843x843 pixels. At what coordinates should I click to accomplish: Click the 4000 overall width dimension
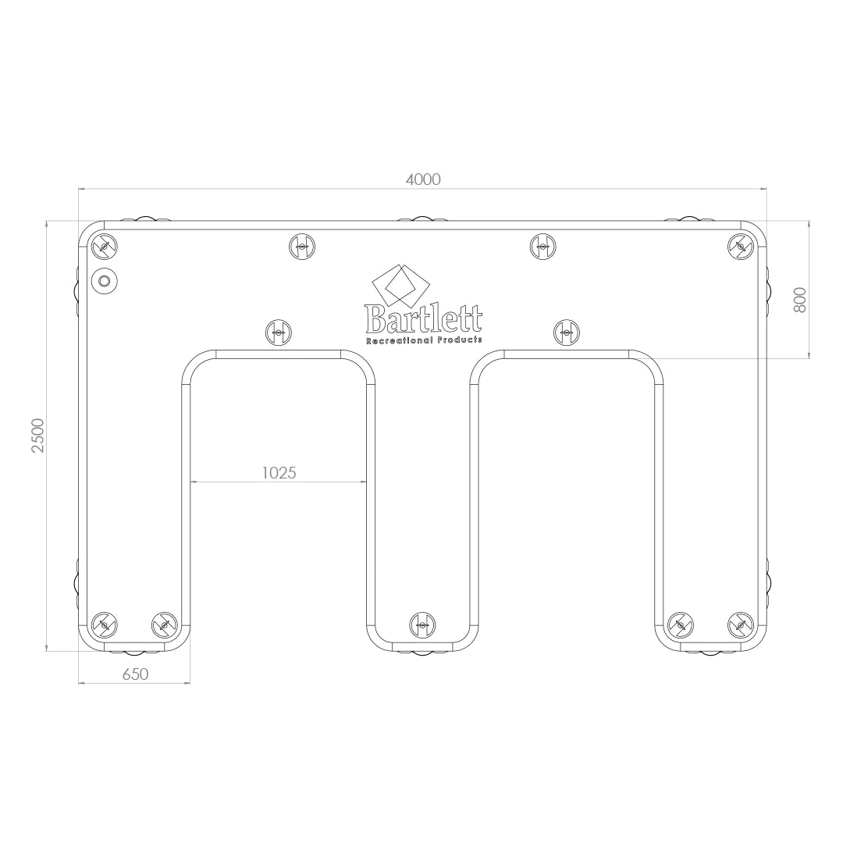[x=423, y=180]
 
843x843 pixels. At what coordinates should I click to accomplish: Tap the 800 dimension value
[x=800, y=300]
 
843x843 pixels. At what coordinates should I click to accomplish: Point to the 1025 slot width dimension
[x=279, y=472]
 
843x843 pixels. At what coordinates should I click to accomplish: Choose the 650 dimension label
[x=135, y=674]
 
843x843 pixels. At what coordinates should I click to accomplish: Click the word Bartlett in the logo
[x=423, y=318]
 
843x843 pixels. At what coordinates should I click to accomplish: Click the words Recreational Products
[x=424, y=340]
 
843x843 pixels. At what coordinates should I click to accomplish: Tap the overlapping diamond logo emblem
[x=400, y=283]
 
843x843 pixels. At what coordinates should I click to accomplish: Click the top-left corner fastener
[x=104, y=247]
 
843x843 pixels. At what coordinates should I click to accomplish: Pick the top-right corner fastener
[x=740, y=247]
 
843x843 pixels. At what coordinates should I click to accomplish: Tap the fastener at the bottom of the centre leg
[x=422, y=624]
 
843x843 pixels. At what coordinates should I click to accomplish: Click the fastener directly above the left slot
[x=279, y=333]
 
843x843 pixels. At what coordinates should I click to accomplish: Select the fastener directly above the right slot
[x=567, y=333]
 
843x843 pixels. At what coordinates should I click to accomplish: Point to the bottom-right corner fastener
[x=740, y=624]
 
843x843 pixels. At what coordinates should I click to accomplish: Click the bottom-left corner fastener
[x=104, y=624]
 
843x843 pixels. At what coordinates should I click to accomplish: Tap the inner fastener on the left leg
[x=164, y=624]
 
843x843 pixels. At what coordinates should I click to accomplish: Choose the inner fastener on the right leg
[x=680, y=624]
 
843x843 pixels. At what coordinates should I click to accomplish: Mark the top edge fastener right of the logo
[x=542, y=247]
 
